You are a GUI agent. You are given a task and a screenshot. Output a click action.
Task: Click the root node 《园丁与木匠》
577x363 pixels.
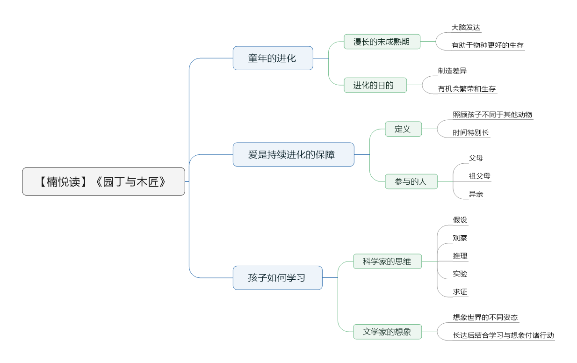[103, 181]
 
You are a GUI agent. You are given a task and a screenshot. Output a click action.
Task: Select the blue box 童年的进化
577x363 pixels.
[273, 58]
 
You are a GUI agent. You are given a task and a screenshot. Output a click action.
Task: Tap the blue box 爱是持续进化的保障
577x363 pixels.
[293, 154]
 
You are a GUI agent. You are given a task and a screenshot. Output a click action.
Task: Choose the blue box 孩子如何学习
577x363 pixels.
[277, 278]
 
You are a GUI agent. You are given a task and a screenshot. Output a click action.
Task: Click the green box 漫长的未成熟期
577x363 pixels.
[382, 42]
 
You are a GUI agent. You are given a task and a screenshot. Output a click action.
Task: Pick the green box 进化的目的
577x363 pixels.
[375, 85]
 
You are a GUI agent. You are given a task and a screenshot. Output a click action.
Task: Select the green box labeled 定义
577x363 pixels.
[403, 129]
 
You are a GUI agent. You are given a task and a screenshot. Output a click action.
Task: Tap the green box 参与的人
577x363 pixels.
[411, 181]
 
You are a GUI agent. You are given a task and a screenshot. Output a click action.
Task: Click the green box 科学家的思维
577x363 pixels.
[387, 261]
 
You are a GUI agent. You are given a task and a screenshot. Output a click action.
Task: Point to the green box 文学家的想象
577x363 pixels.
[387, 332]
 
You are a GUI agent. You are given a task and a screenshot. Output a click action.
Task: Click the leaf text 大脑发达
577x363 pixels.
[466, 28]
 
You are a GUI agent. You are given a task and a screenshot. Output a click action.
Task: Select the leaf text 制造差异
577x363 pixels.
[452, 71]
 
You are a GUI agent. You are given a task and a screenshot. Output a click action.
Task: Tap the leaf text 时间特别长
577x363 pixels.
[471, 133]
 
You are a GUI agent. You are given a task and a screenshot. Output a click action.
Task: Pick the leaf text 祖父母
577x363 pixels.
[480, 176]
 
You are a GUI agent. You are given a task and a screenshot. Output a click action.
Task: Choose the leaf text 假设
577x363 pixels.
[460, 220]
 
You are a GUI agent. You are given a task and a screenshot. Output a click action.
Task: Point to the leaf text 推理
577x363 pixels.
[460, 256]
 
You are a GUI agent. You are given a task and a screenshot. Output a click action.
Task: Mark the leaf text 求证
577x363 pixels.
[460, 292]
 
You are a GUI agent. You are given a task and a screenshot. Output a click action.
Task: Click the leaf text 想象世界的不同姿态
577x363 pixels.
[485, 317]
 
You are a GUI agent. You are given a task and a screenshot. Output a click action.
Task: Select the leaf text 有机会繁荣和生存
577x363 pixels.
[467, 89]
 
